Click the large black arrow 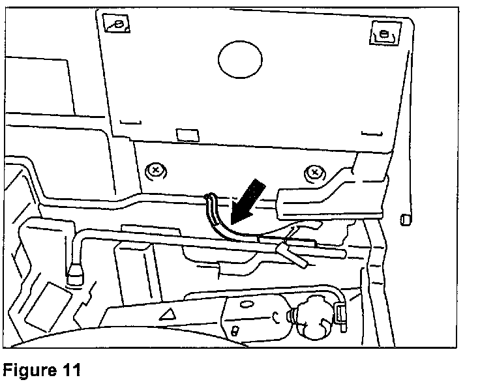[x=243, y=201]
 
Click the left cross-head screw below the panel [x=155, y=171]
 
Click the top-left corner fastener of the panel [x=119, y=24]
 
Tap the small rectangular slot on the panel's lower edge [x=188, y=134]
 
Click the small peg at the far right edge [x=404, y=218]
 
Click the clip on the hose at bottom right [x=340, y=314]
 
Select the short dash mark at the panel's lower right [x=370, y=134]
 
